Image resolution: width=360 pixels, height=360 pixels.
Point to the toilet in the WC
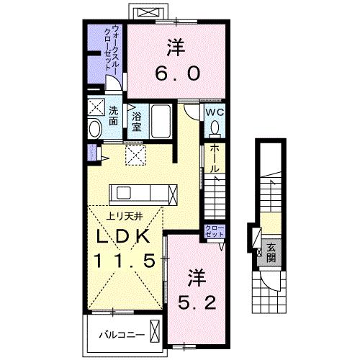[215, 127]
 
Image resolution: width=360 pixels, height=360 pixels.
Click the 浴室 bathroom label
[136, 119]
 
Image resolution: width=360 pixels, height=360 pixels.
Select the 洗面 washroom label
[114, 119]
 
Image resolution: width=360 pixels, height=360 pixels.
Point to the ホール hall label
[214, 158]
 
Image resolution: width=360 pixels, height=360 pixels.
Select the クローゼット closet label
[215, 232]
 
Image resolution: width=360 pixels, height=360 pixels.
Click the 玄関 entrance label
[271, 252]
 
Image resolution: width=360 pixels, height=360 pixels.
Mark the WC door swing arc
[189, 114]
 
